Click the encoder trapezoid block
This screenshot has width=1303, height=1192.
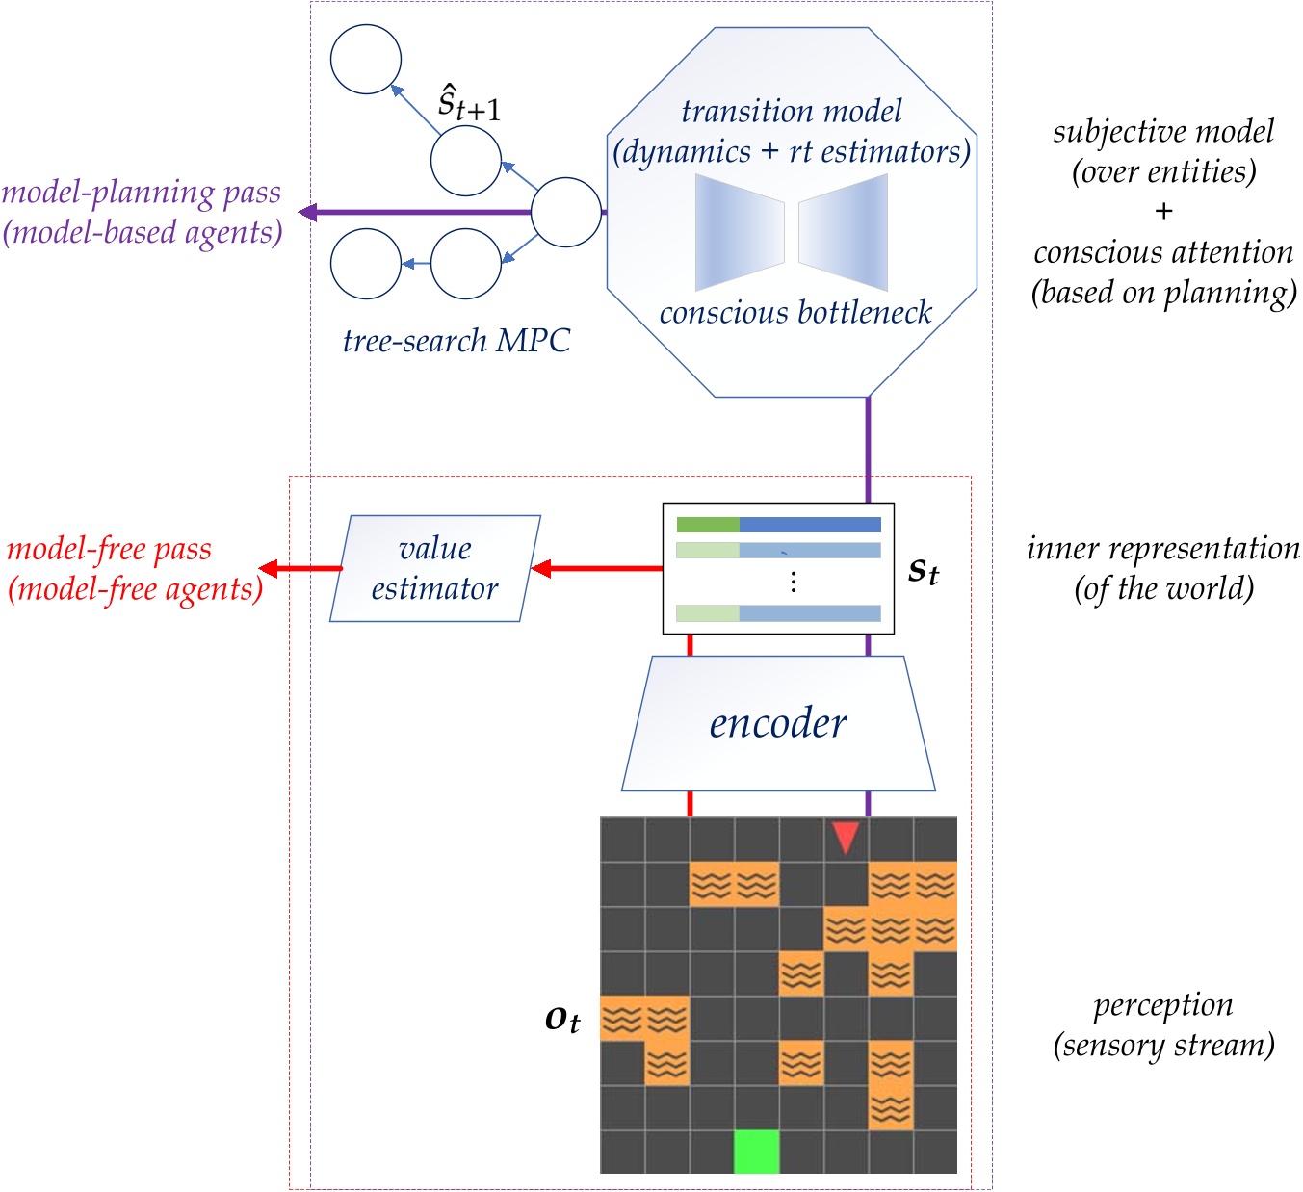coord(778,723)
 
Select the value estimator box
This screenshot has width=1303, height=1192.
coord(435,568)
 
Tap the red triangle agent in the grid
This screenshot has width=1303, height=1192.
coord(846,837)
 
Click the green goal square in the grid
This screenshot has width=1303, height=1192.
coord(756,1152)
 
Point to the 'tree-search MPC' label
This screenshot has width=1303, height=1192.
coord(456,341)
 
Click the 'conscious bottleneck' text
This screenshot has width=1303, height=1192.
coord(795,313)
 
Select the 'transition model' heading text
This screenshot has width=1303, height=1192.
coord(792,112)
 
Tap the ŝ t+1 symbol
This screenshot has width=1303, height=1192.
coord(468,103)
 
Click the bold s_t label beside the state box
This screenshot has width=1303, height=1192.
coord(924,571)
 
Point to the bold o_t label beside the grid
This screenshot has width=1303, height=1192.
coord(562,1019)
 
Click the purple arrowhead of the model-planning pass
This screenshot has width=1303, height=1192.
coord(307,212)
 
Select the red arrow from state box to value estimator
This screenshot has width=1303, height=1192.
coord(597,568)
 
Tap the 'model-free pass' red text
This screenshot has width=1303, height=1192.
coord(109,549)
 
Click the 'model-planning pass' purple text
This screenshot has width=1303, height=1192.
coord(142,193)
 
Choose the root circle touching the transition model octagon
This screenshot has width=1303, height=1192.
coord(566,212)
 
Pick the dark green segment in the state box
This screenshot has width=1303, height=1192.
coord(708,525)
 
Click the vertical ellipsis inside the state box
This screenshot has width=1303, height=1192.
coord(793,582)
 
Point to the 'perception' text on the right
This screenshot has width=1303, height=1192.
coord(1163,1005)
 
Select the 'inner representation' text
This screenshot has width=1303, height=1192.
coord(1163,549)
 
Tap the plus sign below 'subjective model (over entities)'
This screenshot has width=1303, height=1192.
coord(1163,212)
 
